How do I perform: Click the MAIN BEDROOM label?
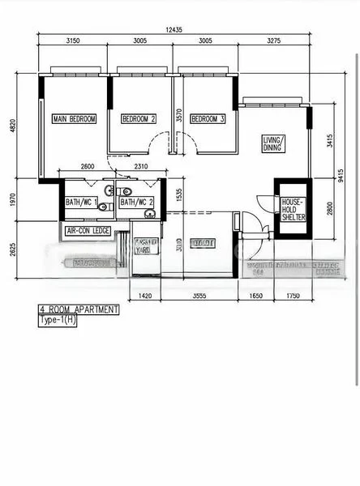(x=75, y=119)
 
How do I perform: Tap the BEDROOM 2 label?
(x=139, y=119)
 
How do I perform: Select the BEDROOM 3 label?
(x=208, y=119)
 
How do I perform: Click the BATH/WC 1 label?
(x=82, y=202)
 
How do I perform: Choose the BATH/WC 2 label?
(x=135, y=202)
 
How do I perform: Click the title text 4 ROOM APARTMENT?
(x=79, y=309)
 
